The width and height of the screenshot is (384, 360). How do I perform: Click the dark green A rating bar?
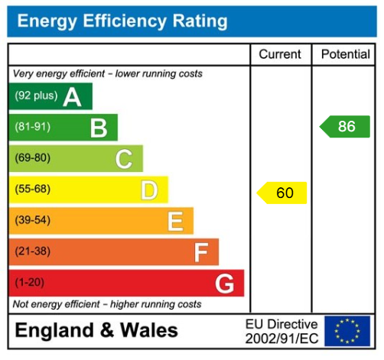pos(50,96)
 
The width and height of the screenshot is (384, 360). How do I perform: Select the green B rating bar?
pos(63,128)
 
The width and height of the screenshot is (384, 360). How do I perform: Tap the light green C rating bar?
pos(75,159)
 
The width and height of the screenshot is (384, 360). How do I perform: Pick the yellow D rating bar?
pos(88,190)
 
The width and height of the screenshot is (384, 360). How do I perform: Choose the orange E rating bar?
pos(100,221)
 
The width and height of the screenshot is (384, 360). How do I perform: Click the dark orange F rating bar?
pos(113,251)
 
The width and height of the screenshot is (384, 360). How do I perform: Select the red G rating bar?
pos(126,283)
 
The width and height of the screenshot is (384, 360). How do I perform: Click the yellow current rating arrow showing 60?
pos(281,193)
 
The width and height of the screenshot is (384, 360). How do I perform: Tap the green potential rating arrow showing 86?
pos(345,126)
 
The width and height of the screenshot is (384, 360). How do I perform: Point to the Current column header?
pos(281,54)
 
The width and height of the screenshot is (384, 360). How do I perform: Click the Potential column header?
pos(345,54)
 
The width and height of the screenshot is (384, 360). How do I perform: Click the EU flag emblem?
pos(347,330)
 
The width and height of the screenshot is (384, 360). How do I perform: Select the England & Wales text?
pos(96,330)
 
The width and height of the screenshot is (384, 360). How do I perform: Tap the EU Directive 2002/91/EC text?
pos(281,330)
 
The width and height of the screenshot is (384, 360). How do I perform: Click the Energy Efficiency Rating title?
pos(122,21)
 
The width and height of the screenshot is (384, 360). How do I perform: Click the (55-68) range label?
pos(33,190)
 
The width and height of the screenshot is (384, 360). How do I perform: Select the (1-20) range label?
pos(30,283)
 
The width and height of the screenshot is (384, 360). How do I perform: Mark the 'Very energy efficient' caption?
pos(108,74)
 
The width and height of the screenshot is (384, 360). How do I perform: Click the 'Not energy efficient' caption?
pos(107,304)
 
